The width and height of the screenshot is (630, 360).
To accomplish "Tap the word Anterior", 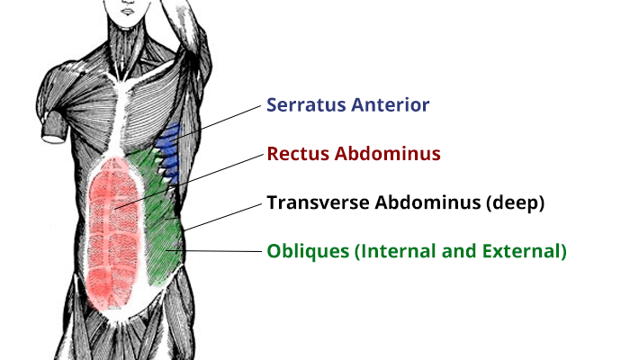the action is pyautogui.click(x=391, y=105).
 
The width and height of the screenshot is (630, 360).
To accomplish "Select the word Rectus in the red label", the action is pyautogui.click(x=298, y=154).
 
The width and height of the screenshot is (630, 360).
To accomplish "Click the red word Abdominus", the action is pyautogui.click(x=387, y=154).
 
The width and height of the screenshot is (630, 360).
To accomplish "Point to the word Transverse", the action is pyautogui.click(x=319, y=202).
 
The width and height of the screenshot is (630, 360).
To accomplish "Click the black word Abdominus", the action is pyautogui.click(x=427, y=202).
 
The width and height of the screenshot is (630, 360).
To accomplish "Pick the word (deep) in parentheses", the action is pyautogui.click(x=516, y=202).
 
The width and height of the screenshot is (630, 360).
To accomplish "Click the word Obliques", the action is pyautogui.click(x=308, y=251).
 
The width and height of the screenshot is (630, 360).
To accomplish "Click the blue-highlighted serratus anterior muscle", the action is pyautogui.click(x=169, y=153).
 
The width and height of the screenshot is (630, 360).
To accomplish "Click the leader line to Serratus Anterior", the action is pyautogui.click(x=217, y=123).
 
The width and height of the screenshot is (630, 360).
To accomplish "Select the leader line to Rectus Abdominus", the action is pyautogui.click(x=189, y=182).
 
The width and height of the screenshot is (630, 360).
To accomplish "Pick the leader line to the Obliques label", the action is pyautogui.click(x=214, y=251).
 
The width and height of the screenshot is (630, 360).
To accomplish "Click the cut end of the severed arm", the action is pyautogui.click(x=53, y=139).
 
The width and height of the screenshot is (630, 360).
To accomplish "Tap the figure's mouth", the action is pyautogui.click(x=128, y=12).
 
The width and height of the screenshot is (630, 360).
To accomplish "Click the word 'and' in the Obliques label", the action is pyautogui.click(x=459, y=251).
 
